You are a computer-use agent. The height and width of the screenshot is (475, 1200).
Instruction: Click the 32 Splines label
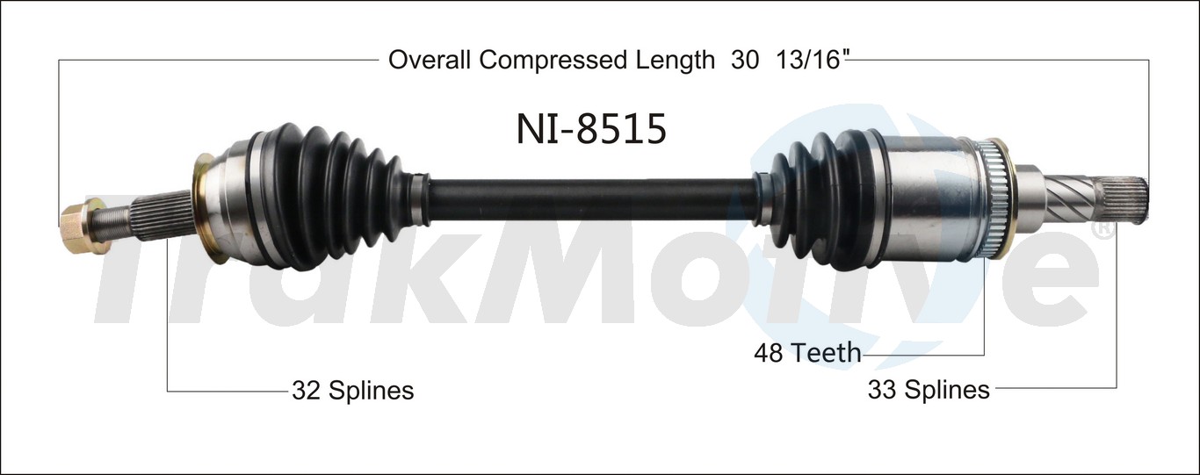[x=352, y=390]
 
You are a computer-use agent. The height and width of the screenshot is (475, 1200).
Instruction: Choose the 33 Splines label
[x=929, y=388]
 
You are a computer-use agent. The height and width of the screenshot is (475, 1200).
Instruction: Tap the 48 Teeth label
[x=806, y=353]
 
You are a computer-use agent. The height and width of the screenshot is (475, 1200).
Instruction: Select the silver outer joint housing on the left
[x=234, y=205]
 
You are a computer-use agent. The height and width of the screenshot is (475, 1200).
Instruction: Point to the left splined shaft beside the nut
[x=154, y=220]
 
